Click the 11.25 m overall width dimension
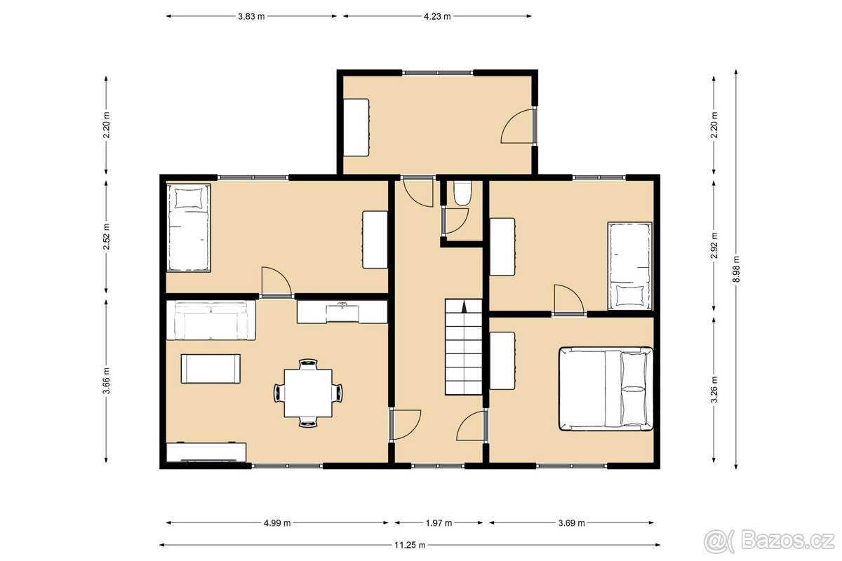coord(410,544)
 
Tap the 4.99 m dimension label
coord(277,522)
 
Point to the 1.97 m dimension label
coord(439,522)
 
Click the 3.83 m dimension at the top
coord(251,15)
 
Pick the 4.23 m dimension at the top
coord(436,15)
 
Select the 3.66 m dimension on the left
coord(107,381)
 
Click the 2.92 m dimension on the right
coord(714,245)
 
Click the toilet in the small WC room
coord(461,193)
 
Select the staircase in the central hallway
coord(464,346)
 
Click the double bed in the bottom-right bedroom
coord(606,388)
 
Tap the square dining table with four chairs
coord(309,392)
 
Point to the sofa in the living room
coord(210,320)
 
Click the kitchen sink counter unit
coord(342,312)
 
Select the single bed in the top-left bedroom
coord(188,227)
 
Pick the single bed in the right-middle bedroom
coord(629,266)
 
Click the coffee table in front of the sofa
coord(210,368)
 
